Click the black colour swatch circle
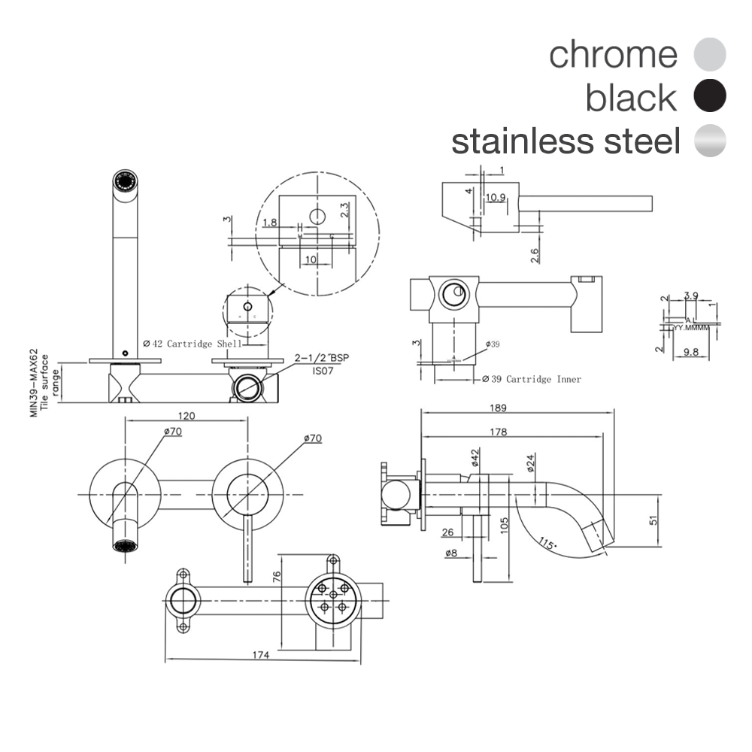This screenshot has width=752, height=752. point(710,97)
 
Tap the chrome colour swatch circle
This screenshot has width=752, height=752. point(710,54)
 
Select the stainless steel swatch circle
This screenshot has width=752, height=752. point(710,141)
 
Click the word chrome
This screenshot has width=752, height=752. point(613,54)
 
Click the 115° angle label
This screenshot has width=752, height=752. point(549,542)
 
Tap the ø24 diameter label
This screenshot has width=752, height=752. point(529,461)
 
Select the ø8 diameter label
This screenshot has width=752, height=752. point(451,553)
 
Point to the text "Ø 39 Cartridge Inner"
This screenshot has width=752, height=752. point(532,380)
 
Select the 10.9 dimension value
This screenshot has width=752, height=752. point(495,198)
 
